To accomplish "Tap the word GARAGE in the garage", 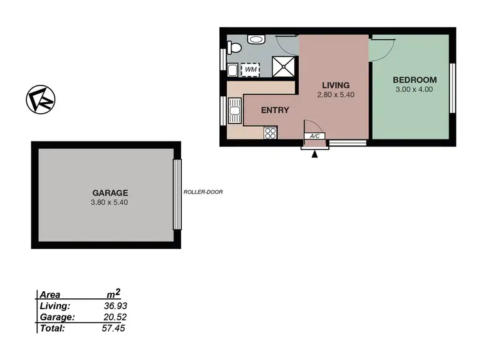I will pos(111,192).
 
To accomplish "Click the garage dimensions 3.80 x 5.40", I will pos(111,202).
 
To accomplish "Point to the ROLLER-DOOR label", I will pos(203,192).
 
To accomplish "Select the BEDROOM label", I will pos(415,80).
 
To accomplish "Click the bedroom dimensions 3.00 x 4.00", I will pos(415,89).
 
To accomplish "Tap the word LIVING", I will pos(335,85).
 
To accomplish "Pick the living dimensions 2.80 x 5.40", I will pos(335,94).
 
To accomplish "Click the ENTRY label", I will pos(274,110).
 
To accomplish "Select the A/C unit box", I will pos(315,136).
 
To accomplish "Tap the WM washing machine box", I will pos(250,67).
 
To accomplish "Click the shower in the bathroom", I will pos(283,66).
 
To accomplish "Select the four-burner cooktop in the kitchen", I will pos(271,133).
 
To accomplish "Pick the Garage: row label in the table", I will pos(57,317).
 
